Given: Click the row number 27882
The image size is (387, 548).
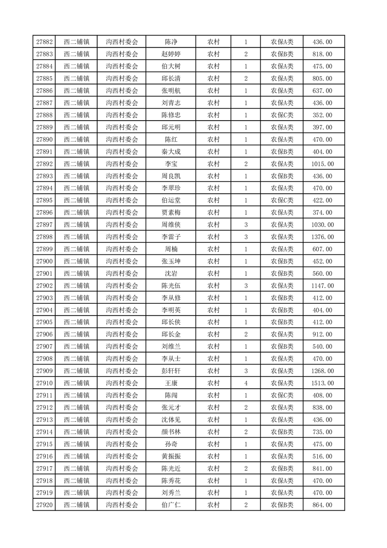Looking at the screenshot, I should pyautogui.click(x=44, y=42).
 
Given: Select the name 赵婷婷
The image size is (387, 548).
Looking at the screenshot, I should pyautogui.click(x=171, y=54).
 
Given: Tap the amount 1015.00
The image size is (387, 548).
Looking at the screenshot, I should pyautogui.click(x=322, y=164).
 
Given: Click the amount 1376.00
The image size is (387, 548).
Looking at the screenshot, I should pyautogui.click(x=322, y=237).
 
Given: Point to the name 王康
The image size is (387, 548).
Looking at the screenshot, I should pyautogui.click(x=171, y=383).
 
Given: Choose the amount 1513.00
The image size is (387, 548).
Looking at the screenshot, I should pyautogui.click(x=322, y=383).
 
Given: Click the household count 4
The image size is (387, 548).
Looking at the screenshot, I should pyautogui.click(x=245, y=383).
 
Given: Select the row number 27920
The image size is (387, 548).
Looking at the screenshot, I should pyautogui.click(x=44, y=505).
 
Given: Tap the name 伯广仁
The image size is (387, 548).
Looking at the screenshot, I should pyautogui.click(x=171, y=505).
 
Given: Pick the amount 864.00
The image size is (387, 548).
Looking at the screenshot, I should pyautogui.click(x=322, y=505).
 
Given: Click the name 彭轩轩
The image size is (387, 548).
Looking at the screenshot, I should pyautogui.click(x=171, y=371).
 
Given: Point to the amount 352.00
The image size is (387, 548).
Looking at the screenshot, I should pyautogui.click(x=322, y=115).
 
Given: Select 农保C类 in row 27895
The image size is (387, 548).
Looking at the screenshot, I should pyautogui.click(x=282, y=200).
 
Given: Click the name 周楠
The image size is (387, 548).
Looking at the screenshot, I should pyautogui.click(x=171, y=249).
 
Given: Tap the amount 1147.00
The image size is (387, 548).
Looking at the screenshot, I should pyautogui.click(x=322, y=286).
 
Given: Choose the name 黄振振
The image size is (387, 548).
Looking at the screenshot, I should pyautogui.click(x=171, y=456).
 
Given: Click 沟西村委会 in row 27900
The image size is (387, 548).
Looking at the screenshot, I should pyautogui.click(x=122, y=261).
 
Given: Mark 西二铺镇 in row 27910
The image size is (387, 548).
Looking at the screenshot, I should pyautogui.click(x=76, y=383).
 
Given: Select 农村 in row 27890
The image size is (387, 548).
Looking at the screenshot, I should pyautogui.click(x=213, y=140).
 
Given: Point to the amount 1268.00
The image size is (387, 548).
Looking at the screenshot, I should pyautogui.click(x=322, y=371).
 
